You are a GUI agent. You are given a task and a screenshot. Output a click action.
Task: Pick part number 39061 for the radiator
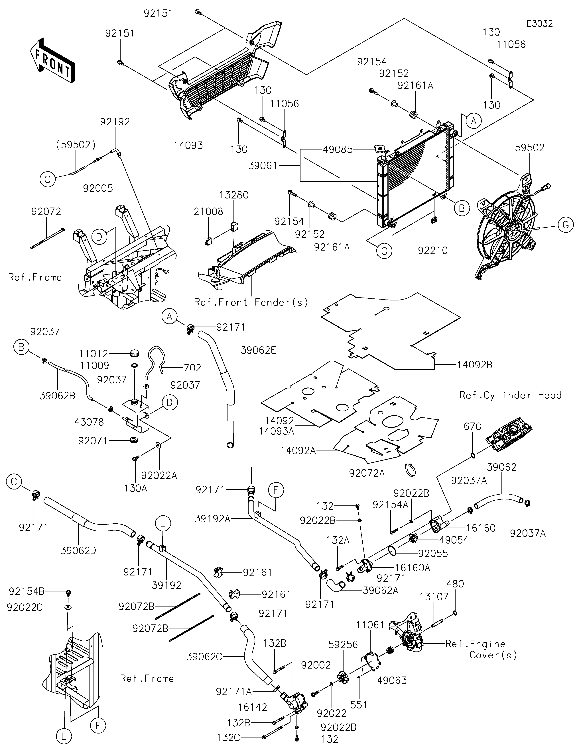point(263,166)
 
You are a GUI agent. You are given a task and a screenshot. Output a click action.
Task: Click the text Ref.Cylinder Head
point(510,395)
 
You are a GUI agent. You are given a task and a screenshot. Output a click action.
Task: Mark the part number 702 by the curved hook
point(193,368)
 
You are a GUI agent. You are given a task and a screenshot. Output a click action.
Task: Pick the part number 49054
point(454,540)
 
